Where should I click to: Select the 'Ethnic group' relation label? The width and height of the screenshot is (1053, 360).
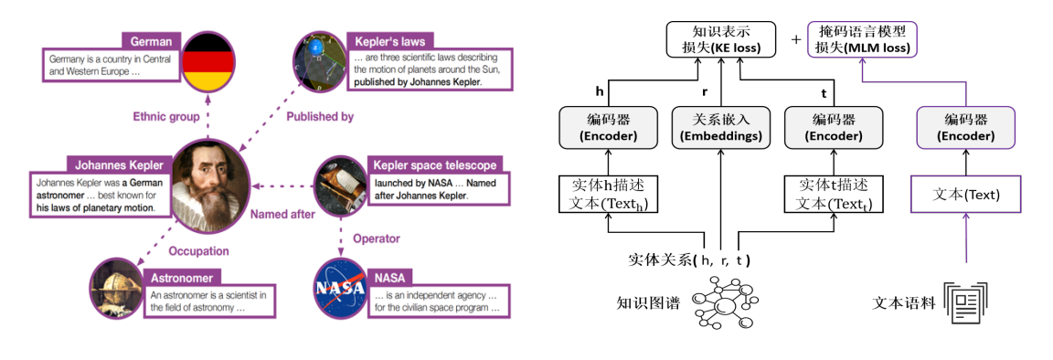[166, 116]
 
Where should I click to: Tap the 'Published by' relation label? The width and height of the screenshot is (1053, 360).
[320, 116]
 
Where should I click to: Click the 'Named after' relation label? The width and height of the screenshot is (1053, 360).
[283, 215]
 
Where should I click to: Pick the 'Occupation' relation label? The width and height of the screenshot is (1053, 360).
[198, 250]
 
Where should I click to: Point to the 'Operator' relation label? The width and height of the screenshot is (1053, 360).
[377, 238]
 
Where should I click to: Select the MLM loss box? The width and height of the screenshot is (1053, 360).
[862, 40]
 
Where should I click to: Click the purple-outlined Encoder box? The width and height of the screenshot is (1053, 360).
[967, 128]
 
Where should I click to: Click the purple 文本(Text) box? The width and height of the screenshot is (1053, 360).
[967, 194]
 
